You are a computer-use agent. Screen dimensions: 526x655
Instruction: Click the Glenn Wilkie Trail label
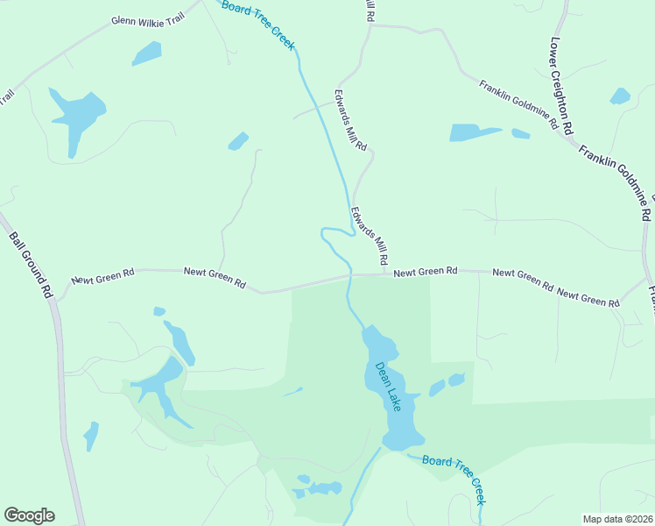pyautogui.click(x=148, y=19)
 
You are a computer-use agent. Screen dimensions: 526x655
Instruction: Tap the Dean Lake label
pyautogui.click(x=388, y=387)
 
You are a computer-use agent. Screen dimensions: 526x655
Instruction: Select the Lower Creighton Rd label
pyautogui.click(x=561, y=84)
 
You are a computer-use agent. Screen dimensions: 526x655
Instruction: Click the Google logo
pyautogui.click(x=29, y=515)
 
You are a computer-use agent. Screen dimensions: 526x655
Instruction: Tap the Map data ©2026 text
pyautogui.click(x=617, y=519)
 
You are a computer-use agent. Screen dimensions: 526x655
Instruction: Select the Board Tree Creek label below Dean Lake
pyautogui.click(x=453, y=480)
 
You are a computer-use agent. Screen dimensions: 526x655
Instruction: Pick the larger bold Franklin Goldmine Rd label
pyautogui.click(x=616, y=181)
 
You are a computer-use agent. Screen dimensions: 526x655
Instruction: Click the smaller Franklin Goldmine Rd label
pyautogui.click(x=518, y=105)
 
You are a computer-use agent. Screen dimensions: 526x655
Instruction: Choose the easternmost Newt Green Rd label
pyautogui.click(x=588, y=298)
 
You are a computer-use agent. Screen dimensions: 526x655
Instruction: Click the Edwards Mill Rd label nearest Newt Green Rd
pyautogui.click(x=369, y=236)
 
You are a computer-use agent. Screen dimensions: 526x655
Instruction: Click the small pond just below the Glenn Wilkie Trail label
pyautogui.click(x=146, y=53)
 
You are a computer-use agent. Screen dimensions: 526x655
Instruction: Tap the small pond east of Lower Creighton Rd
pyautogui.click(x=620, y=96)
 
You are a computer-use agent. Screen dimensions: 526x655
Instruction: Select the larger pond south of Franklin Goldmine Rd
pyautogui.click(x=473, y=132)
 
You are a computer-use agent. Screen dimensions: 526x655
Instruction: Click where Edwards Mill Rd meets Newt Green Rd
pyautogui.click(x=385, y=274)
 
